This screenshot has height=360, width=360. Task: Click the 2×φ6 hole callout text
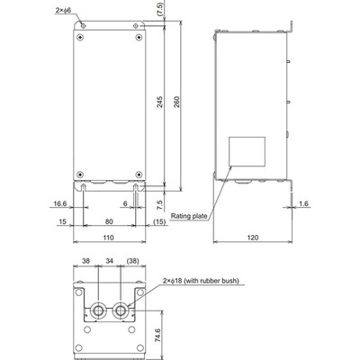click(63, 10)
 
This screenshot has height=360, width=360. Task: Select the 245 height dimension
click(160, 102)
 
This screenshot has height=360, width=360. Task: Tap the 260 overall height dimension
click(176, 102)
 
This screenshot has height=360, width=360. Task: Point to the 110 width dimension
click(108, 238)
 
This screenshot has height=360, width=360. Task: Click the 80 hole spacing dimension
click(109, 221)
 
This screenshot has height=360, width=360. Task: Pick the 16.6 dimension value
click(60, 203)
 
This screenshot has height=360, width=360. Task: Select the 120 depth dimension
click(253, 238)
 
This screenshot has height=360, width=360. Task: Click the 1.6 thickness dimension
click(303, 203)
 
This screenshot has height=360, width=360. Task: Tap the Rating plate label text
click(189, 216)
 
